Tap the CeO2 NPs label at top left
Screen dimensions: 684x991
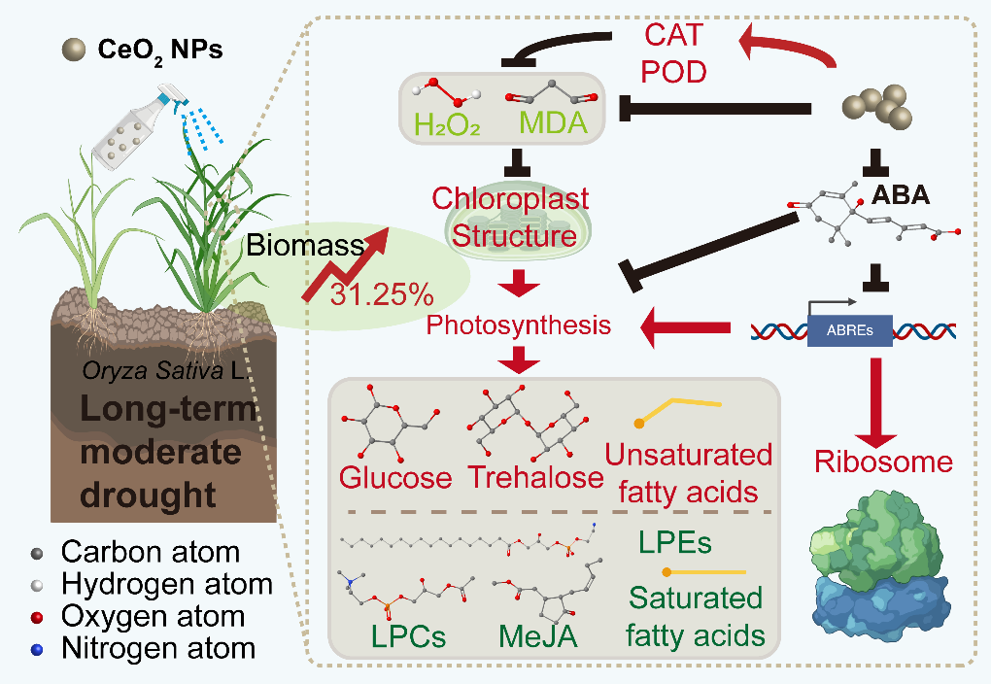pos(160,49)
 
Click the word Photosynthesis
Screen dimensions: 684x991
pos(520,325)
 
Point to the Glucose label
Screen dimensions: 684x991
pos(395,478)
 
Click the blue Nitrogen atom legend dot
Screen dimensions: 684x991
pos(37,647)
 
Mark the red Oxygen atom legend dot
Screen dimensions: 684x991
pos(37,615)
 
